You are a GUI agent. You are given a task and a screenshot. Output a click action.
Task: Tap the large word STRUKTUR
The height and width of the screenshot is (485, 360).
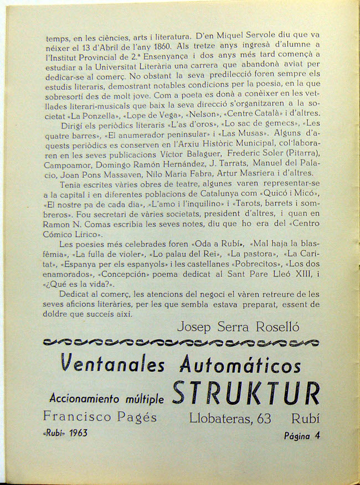pos(246,394)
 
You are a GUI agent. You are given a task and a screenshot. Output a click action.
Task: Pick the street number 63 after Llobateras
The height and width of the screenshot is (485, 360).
pos(264,419)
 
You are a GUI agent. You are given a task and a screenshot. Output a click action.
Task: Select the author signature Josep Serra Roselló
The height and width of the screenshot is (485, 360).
pos(238,327)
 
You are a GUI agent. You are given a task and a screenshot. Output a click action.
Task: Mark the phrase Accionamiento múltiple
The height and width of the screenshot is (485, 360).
pos(106,398)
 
